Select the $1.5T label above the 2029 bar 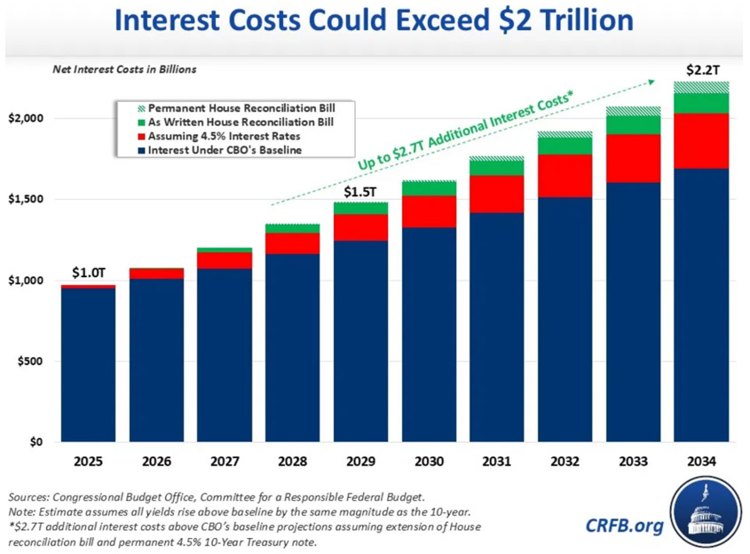click(x=360, y=190)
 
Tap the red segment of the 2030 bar click(x=428, y=211)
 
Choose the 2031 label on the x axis click(x=496, y=462)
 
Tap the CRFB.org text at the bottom click(x=624, y=526)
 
